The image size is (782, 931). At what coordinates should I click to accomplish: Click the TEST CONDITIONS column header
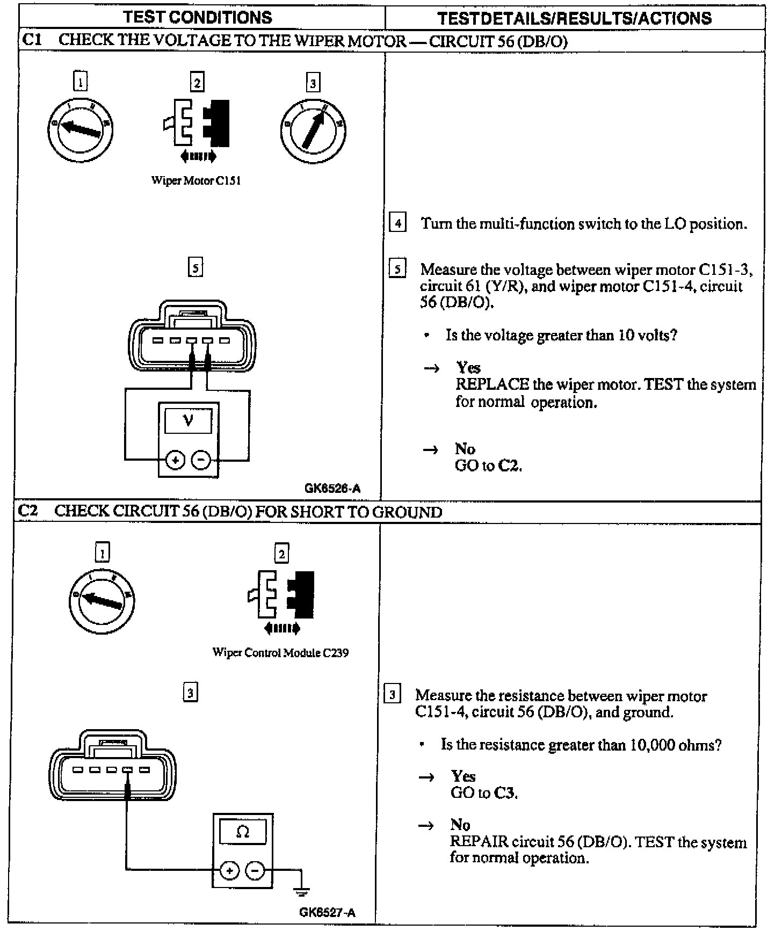(198, 17)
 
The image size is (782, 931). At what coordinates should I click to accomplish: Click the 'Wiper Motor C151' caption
(196, 181)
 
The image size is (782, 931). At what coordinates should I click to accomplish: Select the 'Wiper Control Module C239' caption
(280, 653)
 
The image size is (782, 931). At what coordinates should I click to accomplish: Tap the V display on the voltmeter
(188, 420)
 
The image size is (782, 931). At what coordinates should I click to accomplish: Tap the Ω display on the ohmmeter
(243, 832)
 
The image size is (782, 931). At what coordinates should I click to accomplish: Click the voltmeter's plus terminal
(175, 460)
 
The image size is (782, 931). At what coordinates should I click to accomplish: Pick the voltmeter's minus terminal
(201, 460)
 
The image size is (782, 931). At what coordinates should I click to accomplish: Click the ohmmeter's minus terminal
(256, 870)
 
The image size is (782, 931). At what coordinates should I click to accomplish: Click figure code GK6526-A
(332, 489)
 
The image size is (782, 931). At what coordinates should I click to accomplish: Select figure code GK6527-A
(327, 912)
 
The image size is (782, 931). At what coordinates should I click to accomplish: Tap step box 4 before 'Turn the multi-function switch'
(397, 223)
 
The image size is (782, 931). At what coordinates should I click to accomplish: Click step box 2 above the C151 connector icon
(197, 82)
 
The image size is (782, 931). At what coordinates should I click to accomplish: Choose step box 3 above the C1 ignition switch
(313, 83)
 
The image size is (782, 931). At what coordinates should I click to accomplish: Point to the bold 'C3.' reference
(506, 793)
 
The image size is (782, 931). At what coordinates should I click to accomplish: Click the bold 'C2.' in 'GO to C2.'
(510, 465)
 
